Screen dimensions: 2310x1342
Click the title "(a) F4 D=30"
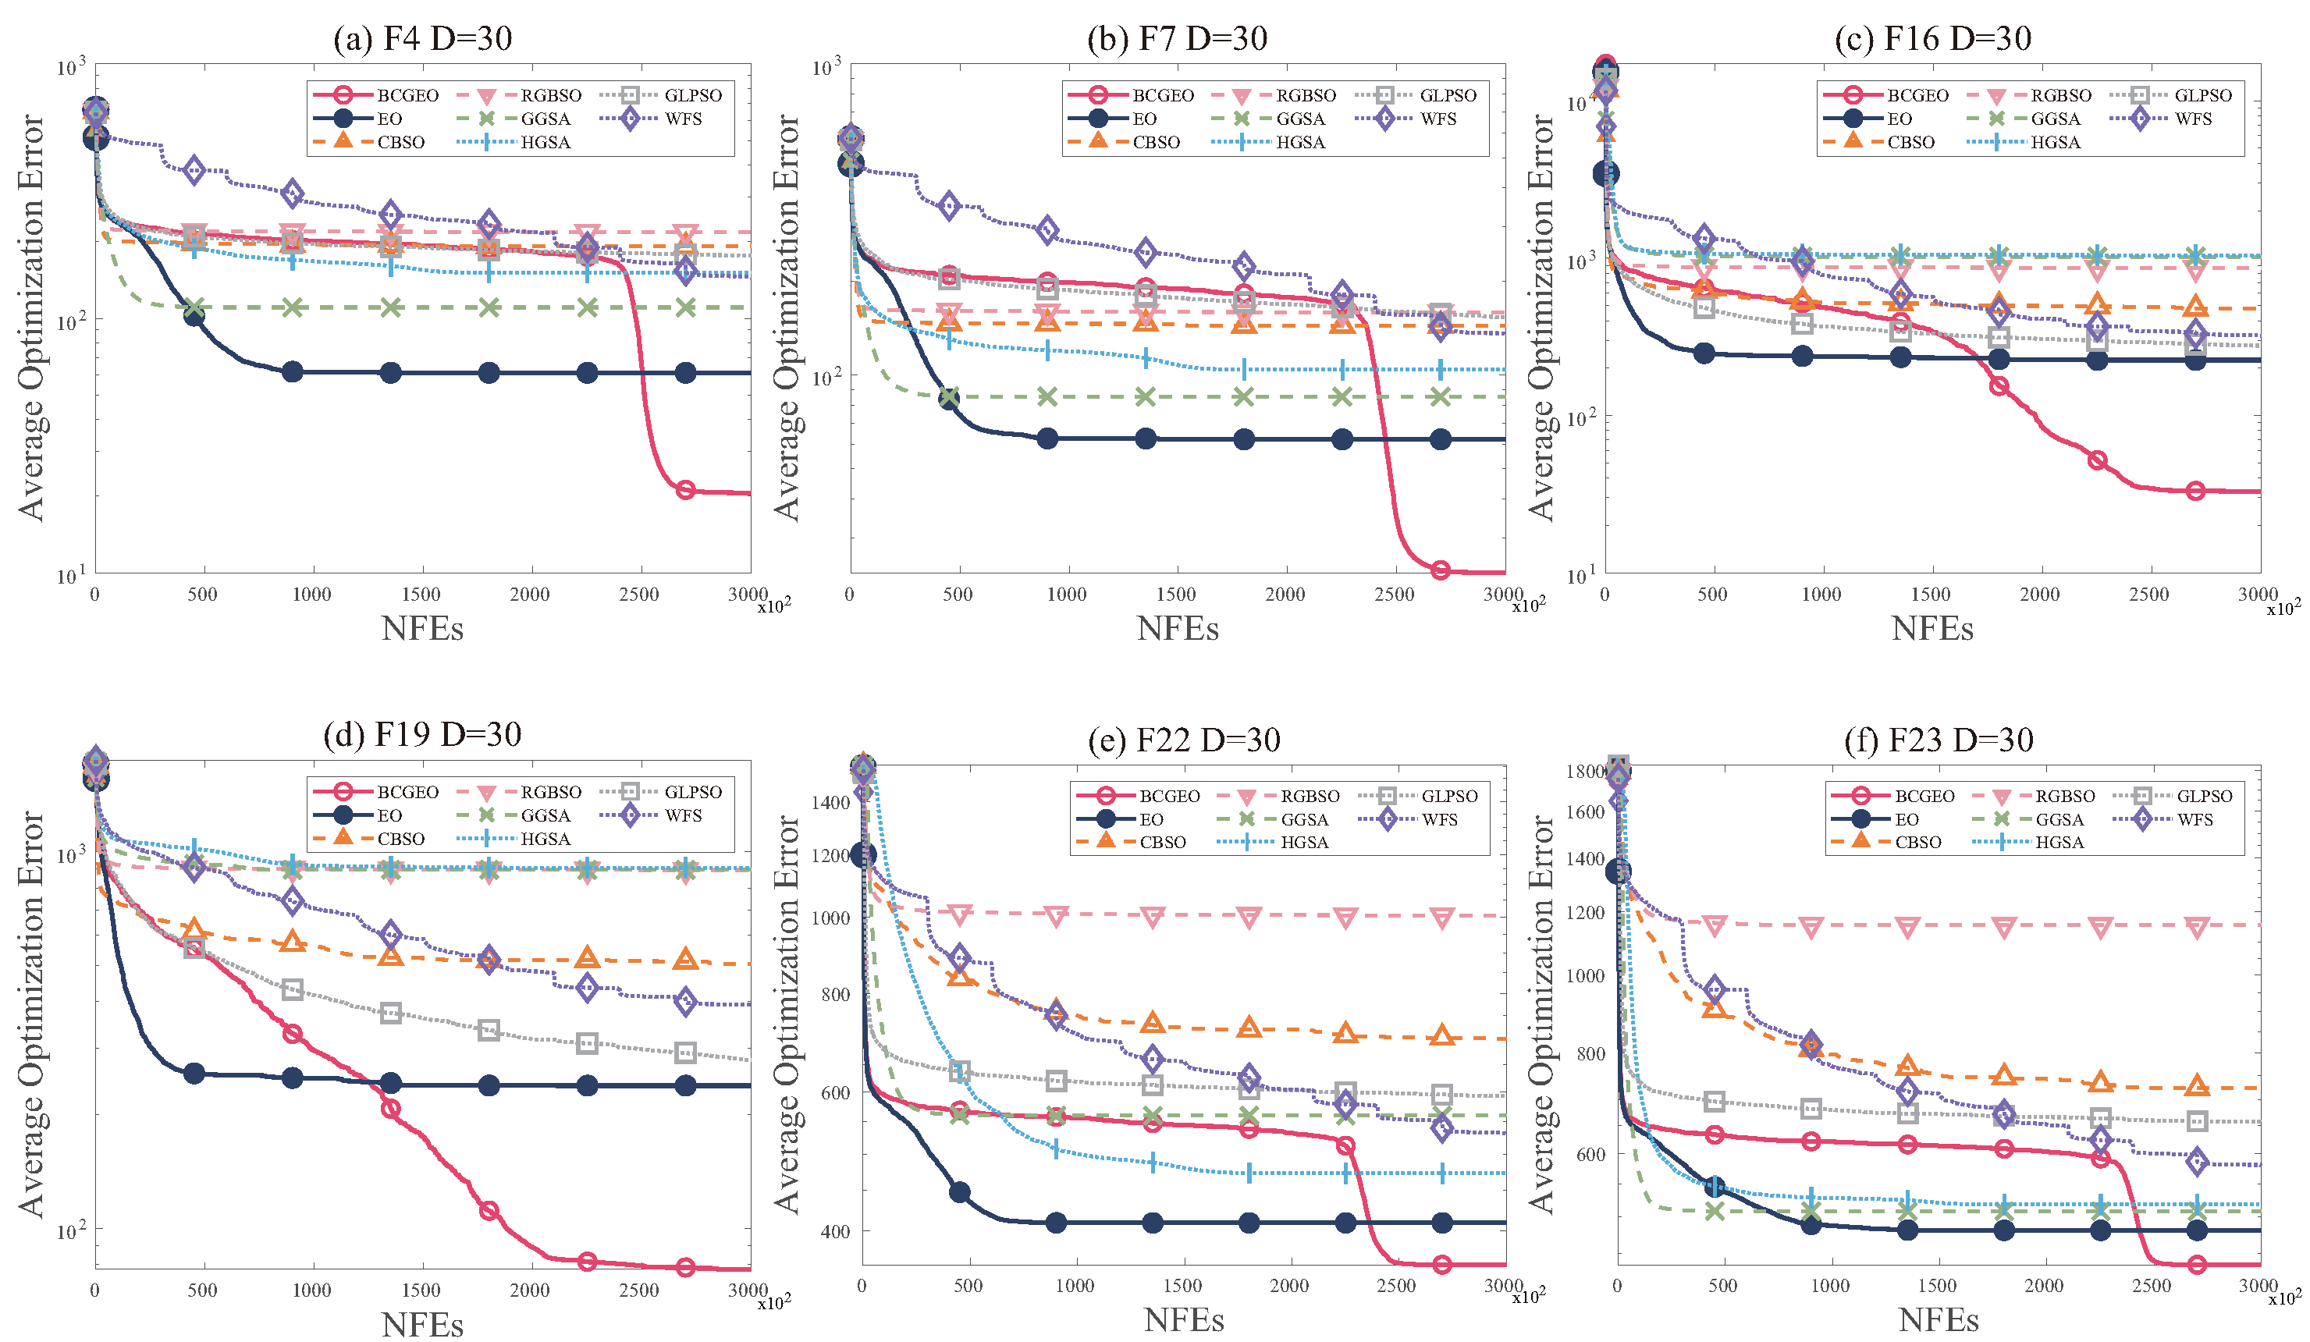tap(422, 38)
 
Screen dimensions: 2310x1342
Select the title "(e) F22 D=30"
tap(1183, 740)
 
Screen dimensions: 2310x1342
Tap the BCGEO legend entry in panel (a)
tap(376, 95)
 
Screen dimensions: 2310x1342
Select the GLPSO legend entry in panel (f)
tap(2172, 796)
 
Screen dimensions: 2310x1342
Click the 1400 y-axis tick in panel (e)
tap(831, 803)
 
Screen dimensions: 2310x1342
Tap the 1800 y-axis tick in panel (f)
tap(1586, 772)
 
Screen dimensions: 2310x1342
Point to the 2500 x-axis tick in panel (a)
tap(639, 595)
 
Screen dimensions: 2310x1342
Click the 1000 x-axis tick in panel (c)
tap(1821, 595)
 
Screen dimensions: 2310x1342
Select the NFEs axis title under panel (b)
tap(1177, 629)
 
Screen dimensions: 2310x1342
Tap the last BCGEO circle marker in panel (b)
tap(1440, 571)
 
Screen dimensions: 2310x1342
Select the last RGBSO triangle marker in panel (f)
tap(2196, 928)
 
